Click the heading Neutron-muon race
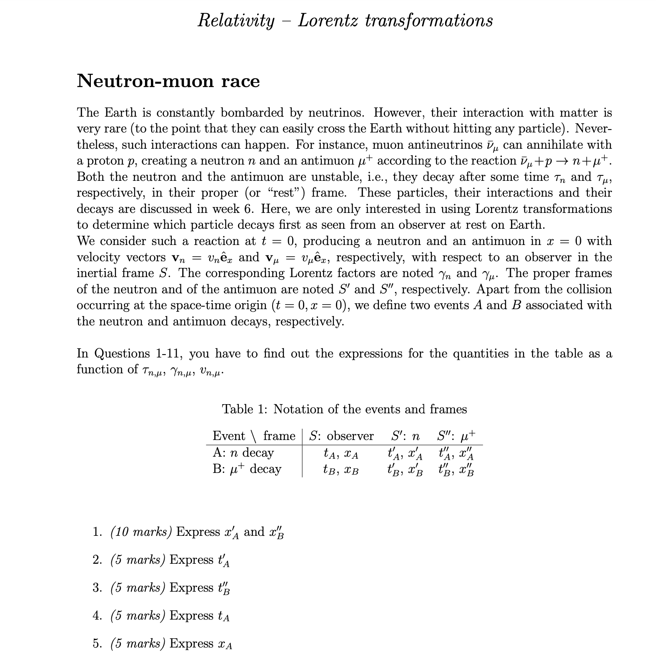[x=168, y=81]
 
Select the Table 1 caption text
[x=344, y=409]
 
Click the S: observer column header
[x=341, y=436]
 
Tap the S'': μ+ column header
[x=456, y=436]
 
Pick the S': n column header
[x=405, y=436]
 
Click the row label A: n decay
[x=243, y=452]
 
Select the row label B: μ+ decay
[x=247, y=469]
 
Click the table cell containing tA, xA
[x=341, y=453]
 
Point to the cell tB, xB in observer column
[x=341, y=470]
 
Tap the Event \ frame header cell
[x=253, y=436]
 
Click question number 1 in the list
[x=97, y=532]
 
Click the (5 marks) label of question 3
[x=138, y=587]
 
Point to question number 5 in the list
[x=97, y=643]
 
